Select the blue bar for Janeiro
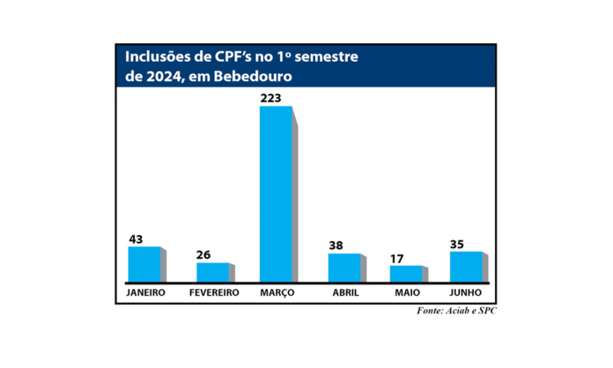point(144,264)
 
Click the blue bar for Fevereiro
point(212,272)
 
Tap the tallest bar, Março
point(276,194)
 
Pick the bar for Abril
point(343,268)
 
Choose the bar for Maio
point(406,274)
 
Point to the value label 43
point(136,239)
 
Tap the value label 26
point(203,255)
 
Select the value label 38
point(336,246)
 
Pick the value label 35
point(460,244)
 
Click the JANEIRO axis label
point(144,292)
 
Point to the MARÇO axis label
point(277,292)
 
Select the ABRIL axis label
point(344,292)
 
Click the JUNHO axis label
point(467,292)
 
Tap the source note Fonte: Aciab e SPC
point(455,312)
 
